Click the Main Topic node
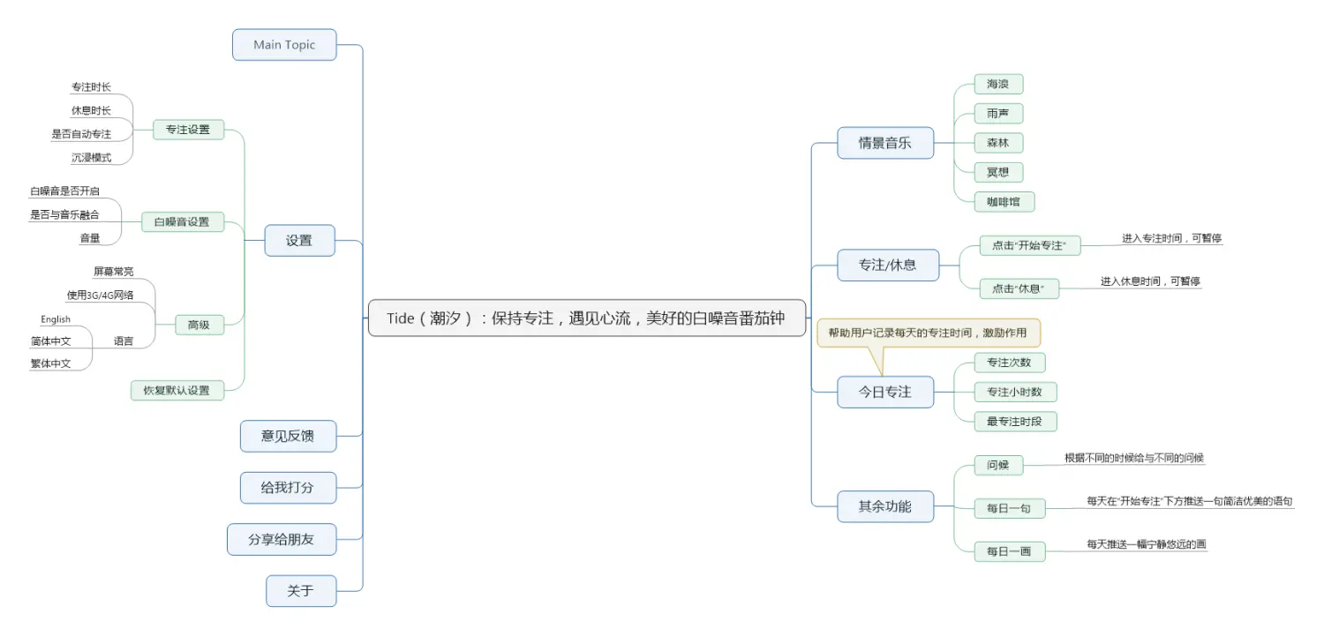(284, 45)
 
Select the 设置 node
(299, 240)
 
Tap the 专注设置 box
(188, 130)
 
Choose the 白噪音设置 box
(183, 222)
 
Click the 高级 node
(199, 325)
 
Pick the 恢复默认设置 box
(177, 390)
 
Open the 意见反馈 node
(288, 436)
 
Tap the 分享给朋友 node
(282, 539)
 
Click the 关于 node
(301, 591)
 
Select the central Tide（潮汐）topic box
(586, 318)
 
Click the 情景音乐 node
(885, 143)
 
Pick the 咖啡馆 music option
(1004, 201)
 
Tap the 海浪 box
(998, 85)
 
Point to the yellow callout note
(929, 333)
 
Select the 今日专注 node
(885, 392)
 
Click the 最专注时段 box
(1014, 421)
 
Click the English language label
(56, 319)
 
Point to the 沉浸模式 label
(91, 158)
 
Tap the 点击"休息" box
(1019, 288)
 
